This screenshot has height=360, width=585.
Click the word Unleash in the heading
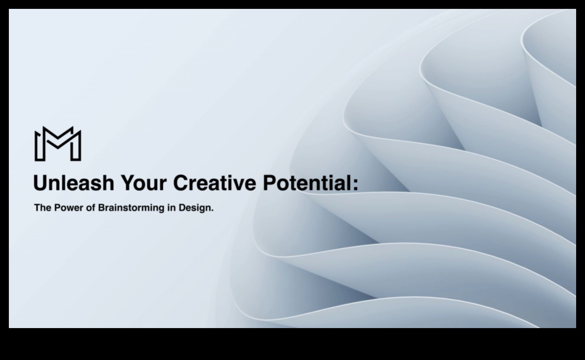pyautogui.click(x=74, y=183)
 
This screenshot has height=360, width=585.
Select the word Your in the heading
pyautogui.click(x=144, y=183)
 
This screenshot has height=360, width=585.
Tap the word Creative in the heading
pyautogui.click(x=214, y=183)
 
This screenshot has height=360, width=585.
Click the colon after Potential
pyautogui.click(x=355, y=185)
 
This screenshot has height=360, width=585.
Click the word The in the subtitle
pyautogui.click(x=43, y=208)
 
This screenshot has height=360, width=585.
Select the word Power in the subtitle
pyautogui.click(x=69, y=208)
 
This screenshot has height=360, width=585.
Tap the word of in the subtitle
pyautogui.click(x=90, y=208)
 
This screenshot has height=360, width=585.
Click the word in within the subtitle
pyautogui.click(x=172, y=208)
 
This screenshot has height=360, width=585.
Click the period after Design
pyautogui.click(x=212, y=211)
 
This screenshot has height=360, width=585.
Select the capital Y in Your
pyautogui.click(x=128, y=183)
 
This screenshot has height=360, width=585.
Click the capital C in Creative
pyautogui.click(x=181, y=183)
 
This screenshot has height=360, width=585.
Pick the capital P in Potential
pyautogui.click(x=269, y=183)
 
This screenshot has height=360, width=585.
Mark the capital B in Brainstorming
pyautogui.click(x=101, y=208)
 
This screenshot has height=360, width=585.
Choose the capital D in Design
pyautogui.click(x=182, y=208)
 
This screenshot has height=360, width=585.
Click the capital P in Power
pyautogui.click(x=57, y=208)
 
